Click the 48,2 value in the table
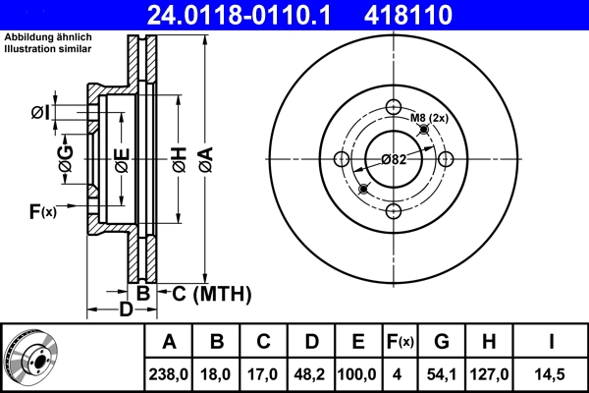[x=311, y=372]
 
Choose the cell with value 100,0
[x=358, y=372]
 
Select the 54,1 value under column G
[x=442, y=372]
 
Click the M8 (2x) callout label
[x=429, y=119]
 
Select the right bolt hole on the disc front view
[x=445, y=160]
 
